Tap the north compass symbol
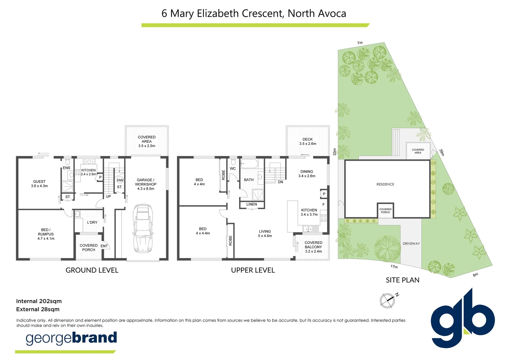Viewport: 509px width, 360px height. pos(387,300)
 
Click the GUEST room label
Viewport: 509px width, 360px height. pos(39,184)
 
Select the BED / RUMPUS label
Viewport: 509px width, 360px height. pos(46,234)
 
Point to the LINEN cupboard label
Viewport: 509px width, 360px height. pos(252,204)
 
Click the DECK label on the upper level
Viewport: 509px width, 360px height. pos(307,141)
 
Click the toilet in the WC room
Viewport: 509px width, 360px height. pos(233,162)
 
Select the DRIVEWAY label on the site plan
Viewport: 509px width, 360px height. pos(411,244)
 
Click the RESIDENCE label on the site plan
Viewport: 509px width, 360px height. pos(385,184)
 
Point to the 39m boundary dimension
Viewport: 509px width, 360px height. pos(442,152)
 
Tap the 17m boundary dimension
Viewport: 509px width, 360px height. pos(394,267)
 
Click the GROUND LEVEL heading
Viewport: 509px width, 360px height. pos(92,270)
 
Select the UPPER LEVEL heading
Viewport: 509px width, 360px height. pos(253,270)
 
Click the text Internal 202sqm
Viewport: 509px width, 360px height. pos(39,301)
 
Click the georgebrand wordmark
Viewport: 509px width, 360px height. pos(71,338)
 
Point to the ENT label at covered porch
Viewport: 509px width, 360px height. pos(104,246)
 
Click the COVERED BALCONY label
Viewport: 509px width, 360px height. pos(313,247)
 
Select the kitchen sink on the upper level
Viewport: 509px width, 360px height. pos(310,229)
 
